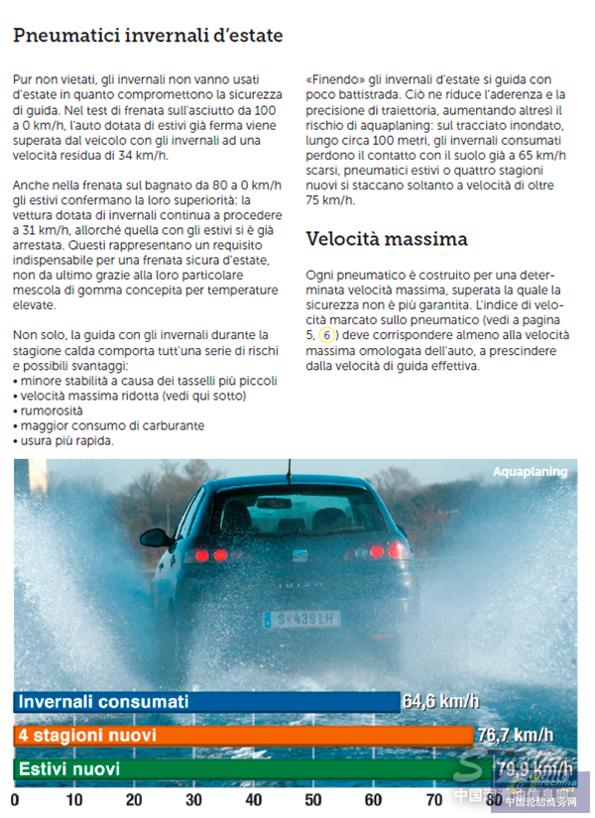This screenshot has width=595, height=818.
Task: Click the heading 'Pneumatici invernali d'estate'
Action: pyautogui.click(x=148, y=36)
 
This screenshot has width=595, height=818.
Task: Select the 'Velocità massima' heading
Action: pyautogui.click(x=387, y=239)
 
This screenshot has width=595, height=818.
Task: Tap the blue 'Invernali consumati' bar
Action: pyautogui.click(x=207, y=702)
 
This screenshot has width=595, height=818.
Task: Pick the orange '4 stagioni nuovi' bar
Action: pyautogui.click(x=243, y=736)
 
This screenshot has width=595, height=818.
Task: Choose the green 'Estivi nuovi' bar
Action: pyautogui.click(x=248, y=769)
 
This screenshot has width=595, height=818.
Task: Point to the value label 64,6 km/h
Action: pyautogui.click(x=440, y=702)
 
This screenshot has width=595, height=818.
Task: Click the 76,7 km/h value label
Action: pyautogui.click(x=515, y=736)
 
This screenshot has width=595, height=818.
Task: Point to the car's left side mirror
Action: pyautogui.click(x=155, y=537)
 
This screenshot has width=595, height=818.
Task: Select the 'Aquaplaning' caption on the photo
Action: pyautogui.click(x=531, y=472)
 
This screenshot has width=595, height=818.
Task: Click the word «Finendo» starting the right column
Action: pyautogui.click(x=333, y=78)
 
